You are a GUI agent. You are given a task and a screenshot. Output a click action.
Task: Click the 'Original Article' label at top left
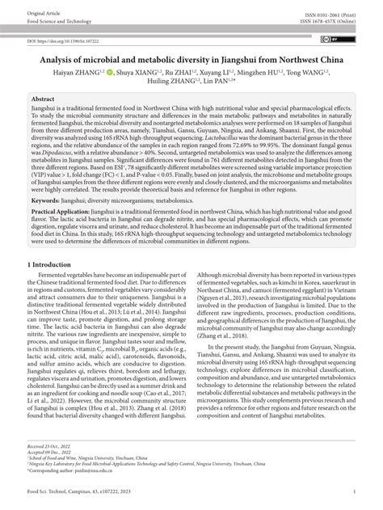pyautogui.click(x=43, y=13)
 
